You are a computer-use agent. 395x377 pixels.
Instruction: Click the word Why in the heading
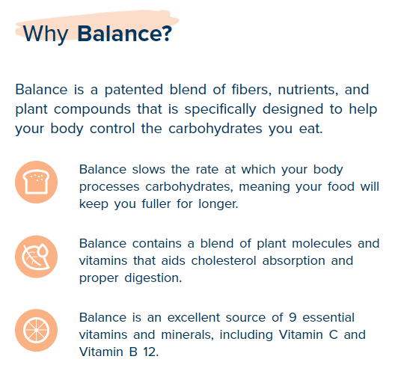click(46, 34)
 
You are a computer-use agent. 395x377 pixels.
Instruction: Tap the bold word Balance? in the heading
click(124, 33)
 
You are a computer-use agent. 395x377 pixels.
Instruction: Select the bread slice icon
click(36, 182)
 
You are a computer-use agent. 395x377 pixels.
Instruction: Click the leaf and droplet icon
click(36, 257)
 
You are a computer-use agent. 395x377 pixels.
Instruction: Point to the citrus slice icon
click(36, 330)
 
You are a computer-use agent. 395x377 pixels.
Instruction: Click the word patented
click(133, 91)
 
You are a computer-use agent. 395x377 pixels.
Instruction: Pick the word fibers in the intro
click(251, 89)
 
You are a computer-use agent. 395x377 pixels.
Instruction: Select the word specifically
click(220, 110)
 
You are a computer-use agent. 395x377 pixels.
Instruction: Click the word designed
click(293, 110)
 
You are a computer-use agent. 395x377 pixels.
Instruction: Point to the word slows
click(149, 169)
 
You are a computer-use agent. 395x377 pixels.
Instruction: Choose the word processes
click(109, 187)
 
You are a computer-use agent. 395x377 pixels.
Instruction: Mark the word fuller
click(156, 203)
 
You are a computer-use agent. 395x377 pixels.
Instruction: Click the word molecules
click(322, 244)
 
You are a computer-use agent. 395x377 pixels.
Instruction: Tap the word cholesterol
click(224, 260)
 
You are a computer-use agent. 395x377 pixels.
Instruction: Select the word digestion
click(153, 278)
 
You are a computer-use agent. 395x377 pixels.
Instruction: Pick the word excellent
click(194, 318)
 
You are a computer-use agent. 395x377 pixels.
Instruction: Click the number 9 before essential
click(293, 318)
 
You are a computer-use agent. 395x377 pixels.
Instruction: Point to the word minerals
click(187, 335)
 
